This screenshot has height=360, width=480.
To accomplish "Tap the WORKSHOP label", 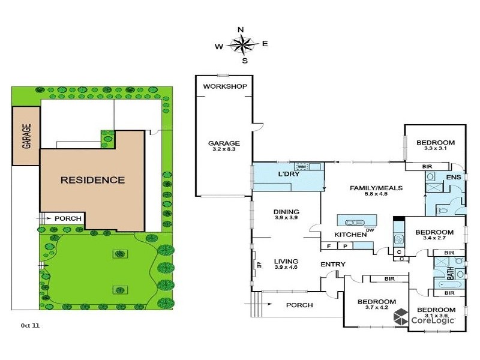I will (x=225, y=86).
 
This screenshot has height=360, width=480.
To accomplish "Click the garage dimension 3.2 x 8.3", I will (x=224, y=151).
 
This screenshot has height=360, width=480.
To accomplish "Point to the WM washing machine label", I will (x=302, y=166).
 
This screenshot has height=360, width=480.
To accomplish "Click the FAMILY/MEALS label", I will (x=376, y=188).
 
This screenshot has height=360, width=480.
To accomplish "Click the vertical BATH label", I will (x=450, y=273).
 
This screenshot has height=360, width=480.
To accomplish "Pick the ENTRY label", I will (x=332, y=265).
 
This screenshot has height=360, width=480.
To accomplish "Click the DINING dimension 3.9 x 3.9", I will (x=286, y=218).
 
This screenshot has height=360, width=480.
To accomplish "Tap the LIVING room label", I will (x=286, y=261).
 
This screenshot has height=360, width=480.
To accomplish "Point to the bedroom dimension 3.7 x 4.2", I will (x=376, y=308).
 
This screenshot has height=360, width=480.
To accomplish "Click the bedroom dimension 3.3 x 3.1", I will (x=435, y=149).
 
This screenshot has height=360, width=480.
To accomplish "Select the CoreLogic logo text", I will (x=432, y=320).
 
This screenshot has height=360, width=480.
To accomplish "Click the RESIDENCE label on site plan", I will (x=92, y=180).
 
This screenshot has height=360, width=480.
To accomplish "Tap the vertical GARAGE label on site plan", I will (x=26, y=137).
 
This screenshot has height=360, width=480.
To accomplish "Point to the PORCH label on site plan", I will (x=68, y=218).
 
